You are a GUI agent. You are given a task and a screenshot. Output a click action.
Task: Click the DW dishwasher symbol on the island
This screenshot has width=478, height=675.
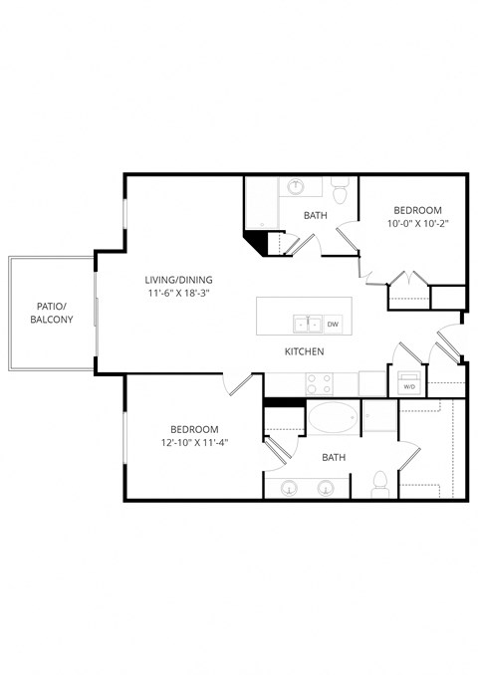(x=333, y=324)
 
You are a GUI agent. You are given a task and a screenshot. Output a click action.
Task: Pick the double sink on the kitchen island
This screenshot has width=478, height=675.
(x=307, y=324)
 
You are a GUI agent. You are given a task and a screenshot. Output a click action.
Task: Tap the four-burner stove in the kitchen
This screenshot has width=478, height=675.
(x=319, y=382)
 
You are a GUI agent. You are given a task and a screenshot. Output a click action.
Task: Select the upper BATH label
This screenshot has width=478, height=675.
(x=316, y=215)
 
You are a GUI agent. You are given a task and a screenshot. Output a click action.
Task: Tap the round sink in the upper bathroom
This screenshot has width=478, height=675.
(x=297, y=186)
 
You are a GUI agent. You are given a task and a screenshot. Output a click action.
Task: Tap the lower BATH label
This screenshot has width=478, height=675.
(x=334, y=458)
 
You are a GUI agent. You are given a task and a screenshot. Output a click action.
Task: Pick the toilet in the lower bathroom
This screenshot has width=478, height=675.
(x=378, y=485)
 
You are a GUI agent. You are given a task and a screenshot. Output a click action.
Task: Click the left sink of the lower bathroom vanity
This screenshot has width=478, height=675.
(x=290, y=488)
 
